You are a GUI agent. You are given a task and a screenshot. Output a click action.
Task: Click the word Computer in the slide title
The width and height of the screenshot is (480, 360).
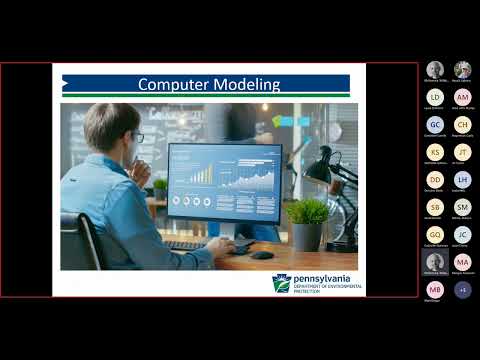coord(174,85)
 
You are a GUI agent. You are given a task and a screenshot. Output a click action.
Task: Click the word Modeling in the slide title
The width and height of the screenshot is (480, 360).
coord(247,85)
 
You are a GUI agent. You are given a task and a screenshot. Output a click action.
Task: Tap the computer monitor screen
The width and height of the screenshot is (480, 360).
coord(224,182)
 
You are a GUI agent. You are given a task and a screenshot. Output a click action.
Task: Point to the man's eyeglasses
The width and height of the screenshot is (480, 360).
coord(138,137)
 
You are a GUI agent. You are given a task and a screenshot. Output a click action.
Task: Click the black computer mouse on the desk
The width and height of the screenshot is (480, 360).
coord(262,254)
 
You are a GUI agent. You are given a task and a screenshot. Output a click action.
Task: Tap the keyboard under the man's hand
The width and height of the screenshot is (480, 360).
coord(190,245)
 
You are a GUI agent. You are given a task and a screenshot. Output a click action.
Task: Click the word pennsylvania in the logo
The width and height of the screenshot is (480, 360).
coord(325,280)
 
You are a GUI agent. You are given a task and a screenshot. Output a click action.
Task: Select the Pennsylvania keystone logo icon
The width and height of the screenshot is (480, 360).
coord(282,284)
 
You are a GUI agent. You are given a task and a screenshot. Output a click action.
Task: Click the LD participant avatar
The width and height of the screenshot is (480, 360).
coord(435,97)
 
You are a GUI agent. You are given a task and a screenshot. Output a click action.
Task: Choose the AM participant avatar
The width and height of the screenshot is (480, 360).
coord(462,97)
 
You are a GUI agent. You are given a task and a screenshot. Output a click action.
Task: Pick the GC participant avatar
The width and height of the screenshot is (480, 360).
coord(435,125)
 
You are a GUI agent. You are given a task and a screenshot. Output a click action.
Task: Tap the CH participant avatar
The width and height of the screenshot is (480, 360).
coord(462,125)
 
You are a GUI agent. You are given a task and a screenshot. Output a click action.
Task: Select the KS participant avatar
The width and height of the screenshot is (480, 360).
coord(435,152)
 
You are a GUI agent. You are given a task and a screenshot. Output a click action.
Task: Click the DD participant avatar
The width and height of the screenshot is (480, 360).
coord(435,180)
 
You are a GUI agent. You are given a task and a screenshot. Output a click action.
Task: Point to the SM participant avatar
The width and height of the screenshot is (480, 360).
coord(462,207)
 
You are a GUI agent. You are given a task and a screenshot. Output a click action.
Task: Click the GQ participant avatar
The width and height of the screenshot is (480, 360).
coord(435,235)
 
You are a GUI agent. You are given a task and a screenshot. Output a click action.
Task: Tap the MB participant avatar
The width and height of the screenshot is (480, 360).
coord(435,290)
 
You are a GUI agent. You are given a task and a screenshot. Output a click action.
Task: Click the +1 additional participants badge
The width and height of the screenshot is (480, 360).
coord(462,290)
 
